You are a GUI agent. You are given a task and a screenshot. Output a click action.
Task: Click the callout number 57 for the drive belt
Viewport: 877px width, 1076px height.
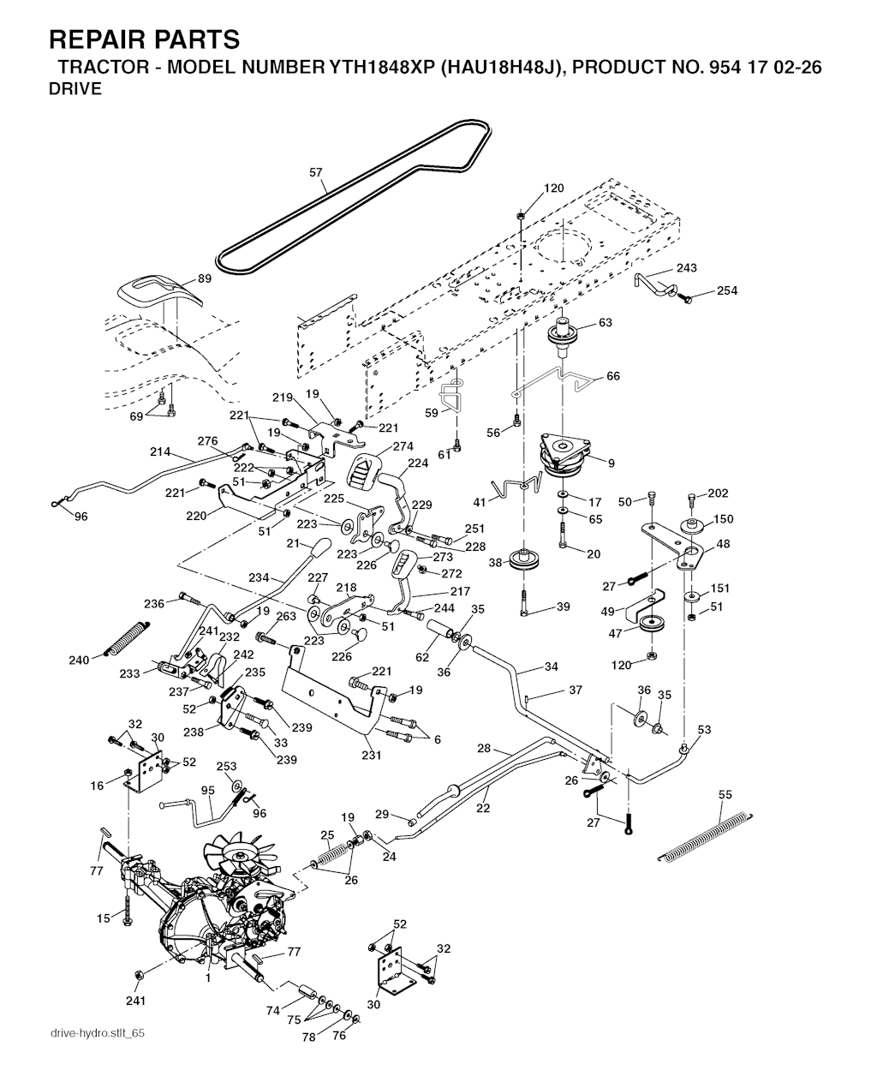[x=316, y=172]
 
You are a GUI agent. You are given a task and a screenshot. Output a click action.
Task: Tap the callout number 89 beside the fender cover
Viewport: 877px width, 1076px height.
[x=205, y=278]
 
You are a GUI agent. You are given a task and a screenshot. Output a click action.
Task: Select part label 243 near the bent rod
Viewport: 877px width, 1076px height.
[x=686, y=268]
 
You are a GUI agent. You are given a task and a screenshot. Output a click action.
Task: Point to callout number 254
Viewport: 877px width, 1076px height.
[x=727, y=290]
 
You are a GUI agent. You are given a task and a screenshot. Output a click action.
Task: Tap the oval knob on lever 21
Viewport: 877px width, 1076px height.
[x=321, y=548]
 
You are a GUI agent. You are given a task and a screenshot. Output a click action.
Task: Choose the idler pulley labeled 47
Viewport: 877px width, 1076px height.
[x=652, y=624]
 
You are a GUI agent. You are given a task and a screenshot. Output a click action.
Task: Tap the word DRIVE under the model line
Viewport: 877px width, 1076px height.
[x=75, y=89]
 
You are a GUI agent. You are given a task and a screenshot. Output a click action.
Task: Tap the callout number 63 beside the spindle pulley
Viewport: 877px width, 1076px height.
[x=605, y=322]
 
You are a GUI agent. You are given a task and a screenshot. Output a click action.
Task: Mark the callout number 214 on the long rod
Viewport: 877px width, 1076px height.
[x=160, y=451]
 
